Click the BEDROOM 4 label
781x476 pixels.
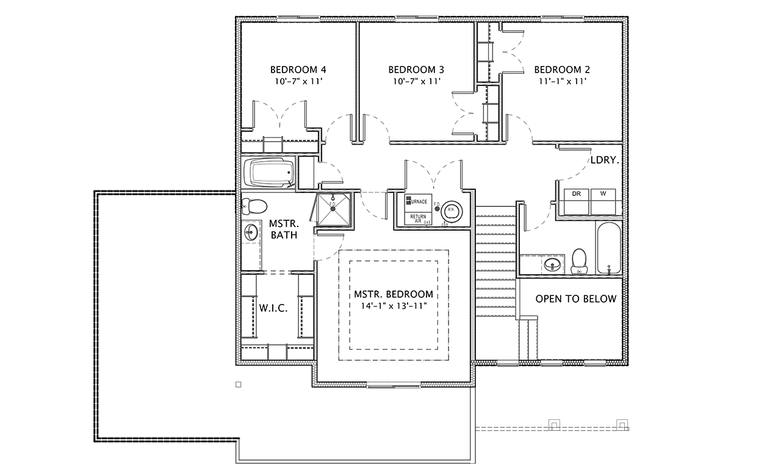coord(293,70)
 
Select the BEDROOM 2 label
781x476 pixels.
coord(562,70)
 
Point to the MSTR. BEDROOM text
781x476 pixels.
coord(394,294)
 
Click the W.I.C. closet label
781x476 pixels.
coord(273,309)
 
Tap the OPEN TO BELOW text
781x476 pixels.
coord(576,299)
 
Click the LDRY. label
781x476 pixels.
coord(605,161)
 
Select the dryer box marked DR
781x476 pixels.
coord(576,194)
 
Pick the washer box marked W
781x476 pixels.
coord(603,194)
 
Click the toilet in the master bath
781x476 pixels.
coord(253,206)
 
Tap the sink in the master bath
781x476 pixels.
coord(251,232)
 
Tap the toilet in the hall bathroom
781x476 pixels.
coord(578,261)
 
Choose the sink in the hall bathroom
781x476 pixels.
coord(553,265)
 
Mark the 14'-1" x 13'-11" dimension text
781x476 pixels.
coord(394,305)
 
